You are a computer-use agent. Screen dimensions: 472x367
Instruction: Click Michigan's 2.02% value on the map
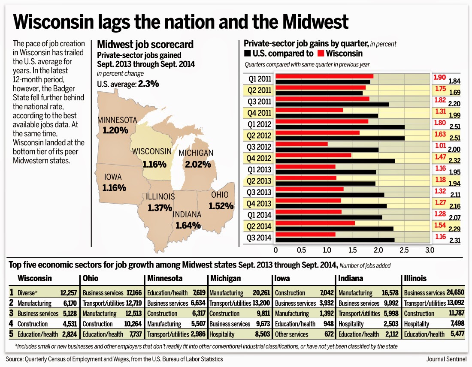(198, 164)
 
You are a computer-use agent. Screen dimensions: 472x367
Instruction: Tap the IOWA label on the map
(113, 177)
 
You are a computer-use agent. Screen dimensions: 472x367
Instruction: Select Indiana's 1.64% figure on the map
(188, 225)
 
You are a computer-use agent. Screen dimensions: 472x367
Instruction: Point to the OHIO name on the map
(220, 195)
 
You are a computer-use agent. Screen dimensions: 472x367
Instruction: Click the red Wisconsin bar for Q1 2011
(324, 76)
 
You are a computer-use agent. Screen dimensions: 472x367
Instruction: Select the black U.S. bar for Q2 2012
(340, 138)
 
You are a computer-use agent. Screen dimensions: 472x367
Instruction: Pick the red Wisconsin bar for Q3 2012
(302, 144)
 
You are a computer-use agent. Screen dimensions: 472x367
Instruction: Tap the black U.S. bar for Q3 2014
(335, 240)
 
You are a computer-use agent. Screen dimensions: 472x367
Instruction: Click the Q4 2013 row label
(259, 204)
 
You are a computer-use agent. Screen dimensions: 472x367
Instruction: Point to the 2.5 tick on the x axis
(404, 250)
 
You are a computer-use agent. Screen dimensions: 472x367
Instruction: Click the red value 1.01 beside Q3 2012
(440, 146)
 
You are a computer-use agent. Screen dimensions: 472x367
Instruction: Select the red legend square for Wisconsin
(321, 54)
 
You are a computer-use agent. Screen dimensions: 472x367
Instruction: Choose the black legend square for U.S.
(247, 54)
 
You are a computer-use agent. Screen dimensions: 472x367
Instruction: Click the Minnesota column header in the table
(165, 278)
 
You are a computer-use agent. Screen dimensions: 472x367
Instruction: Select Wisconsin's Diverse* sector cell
(27, 293)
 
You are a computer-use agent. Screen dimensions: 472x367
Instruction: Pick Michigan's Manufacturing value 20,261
(261, 293)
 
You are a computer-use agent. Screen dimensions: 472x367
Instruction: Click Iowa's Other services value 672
(329, 334)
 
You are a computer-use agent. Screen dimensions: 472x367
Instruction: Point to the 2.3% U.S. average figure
(148, 84)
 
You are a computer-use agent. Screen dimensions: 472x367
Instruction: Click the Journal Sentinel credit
(446, 359)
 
